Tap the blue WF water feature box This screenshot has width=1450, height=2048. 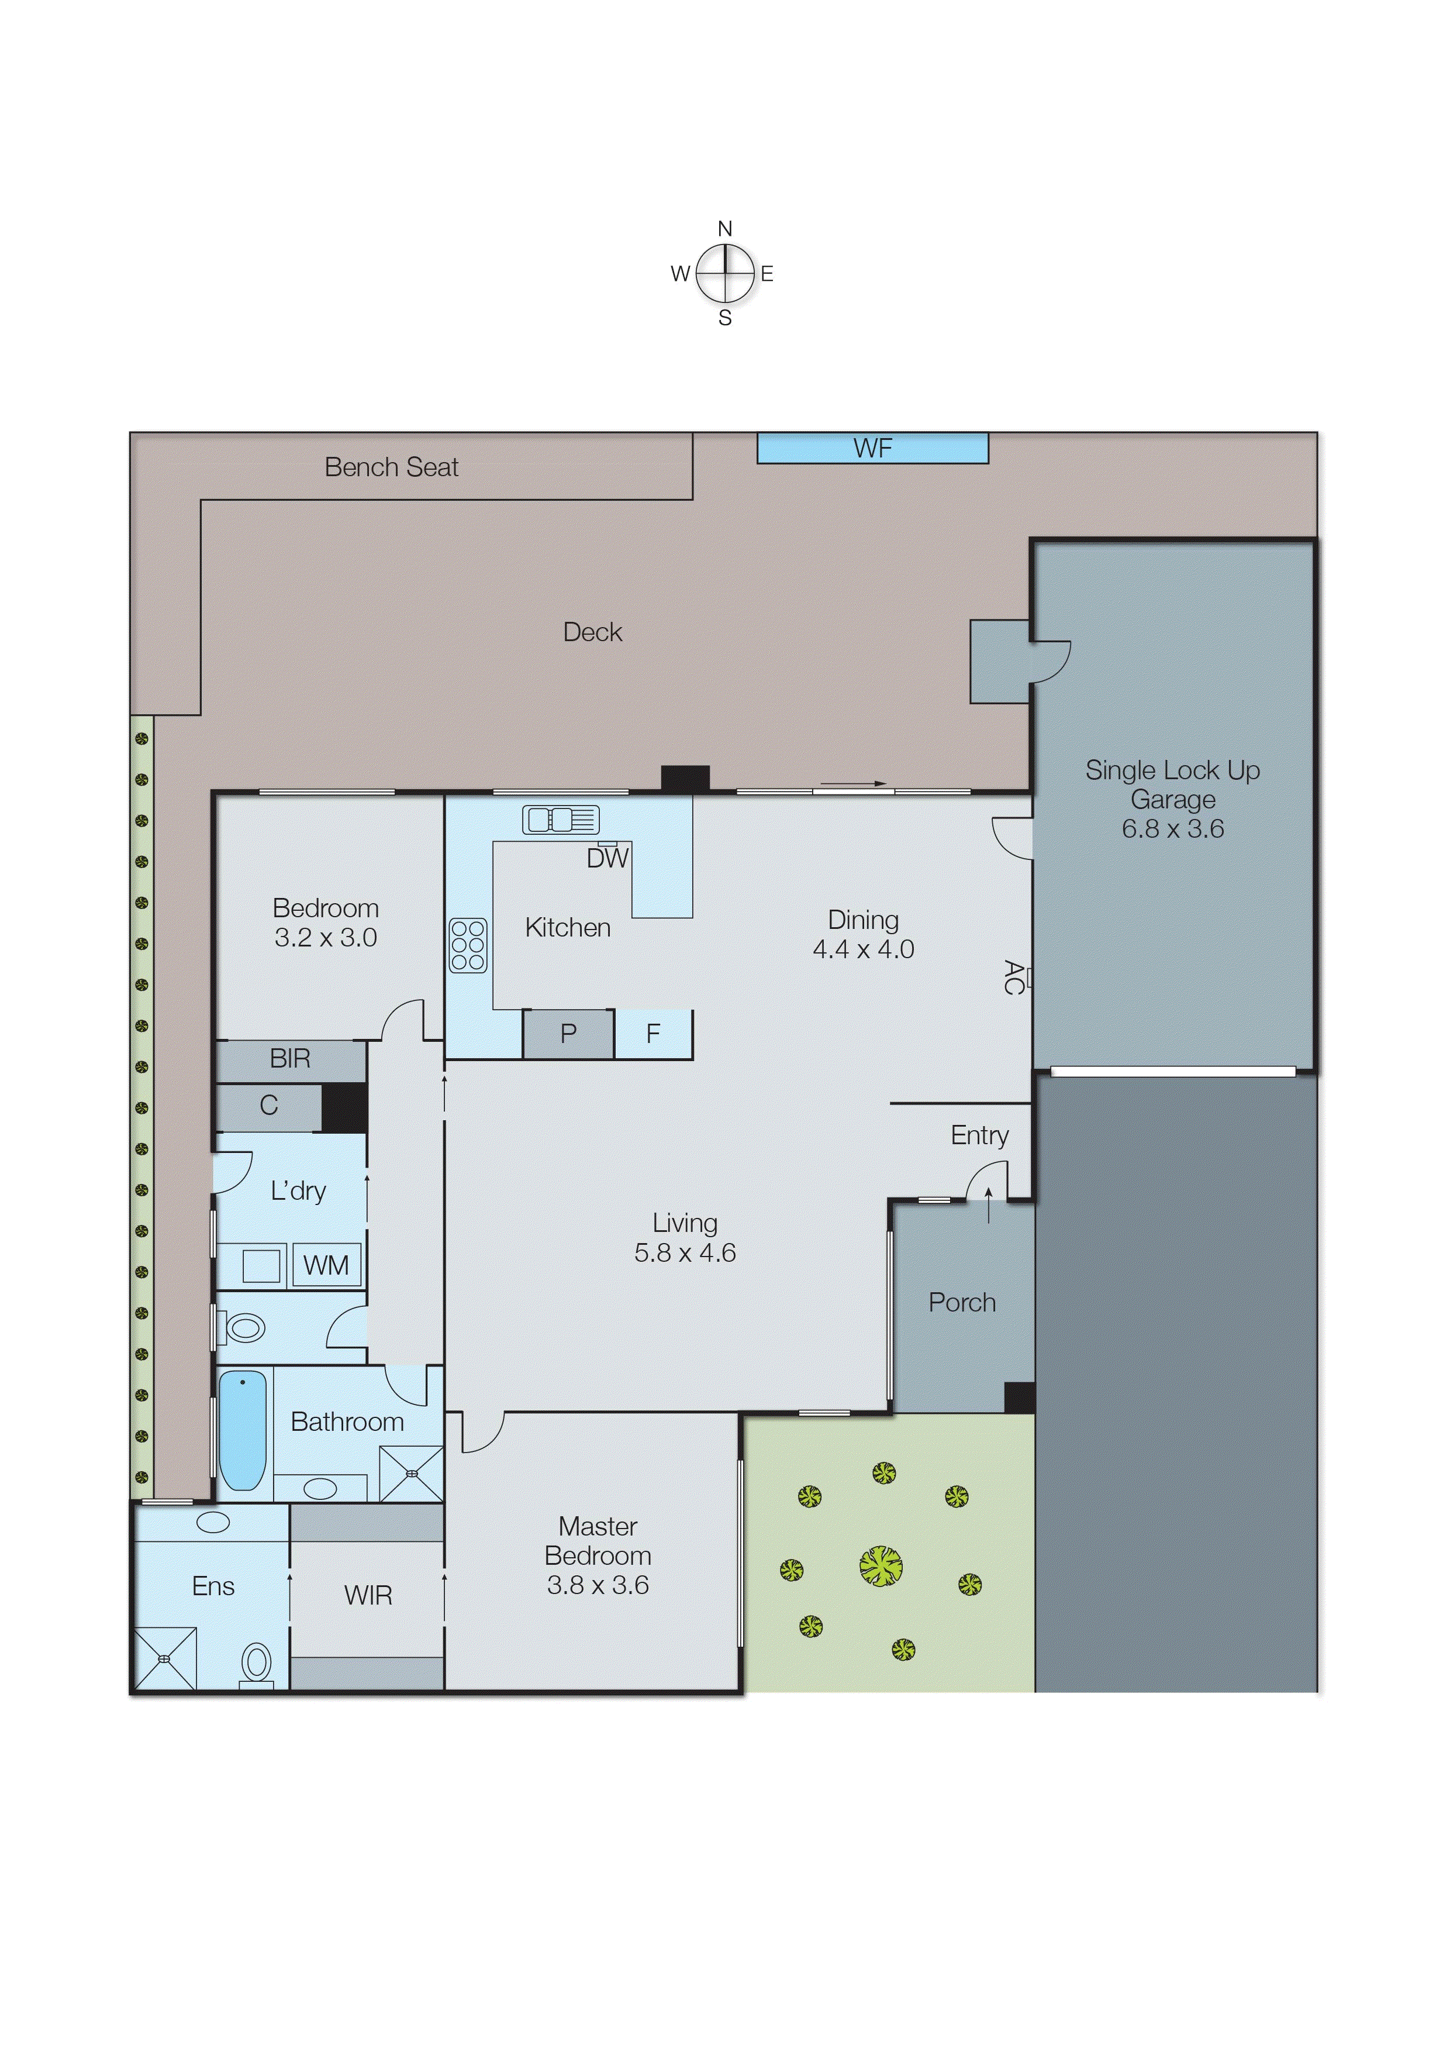[872, 448]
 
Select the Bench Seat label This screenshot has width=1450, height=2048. [391, 467]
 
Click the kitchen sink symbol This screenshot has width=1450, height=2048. [561, 819]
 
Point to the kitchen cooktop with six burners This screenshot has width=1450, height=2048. [468, 945]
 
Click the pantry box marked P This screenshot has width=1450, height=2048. [568, 1034]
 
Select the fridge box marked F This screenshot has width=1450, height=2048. [652, 1034]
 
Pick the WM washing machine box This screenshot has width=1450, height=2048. [326, 1266]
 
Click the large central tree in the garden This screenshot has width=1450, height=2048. [881, 1566]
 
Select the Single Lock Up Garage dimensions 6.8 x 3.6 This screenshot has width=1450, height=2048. [1172, 829]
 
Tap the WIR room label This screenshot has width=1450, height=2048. [368, 1595]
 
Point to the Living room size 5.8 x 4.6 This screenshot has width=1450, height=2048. [685, 1253]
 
